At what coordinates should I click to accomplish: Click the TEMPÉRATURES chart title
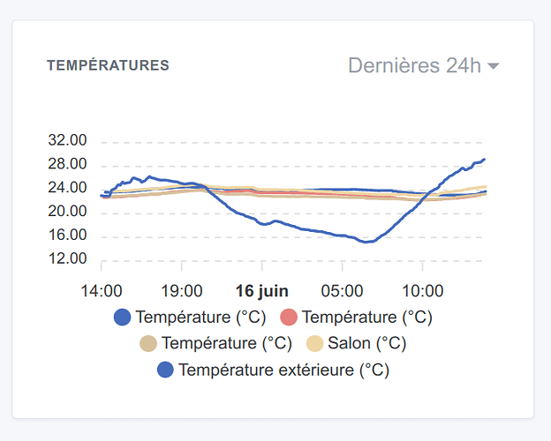108,65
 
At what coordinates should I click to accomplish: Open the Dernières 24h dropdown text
414,65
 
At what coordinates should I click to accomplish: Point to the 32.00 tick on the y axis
68,141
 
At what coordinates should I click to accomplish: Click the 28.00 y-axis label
68,165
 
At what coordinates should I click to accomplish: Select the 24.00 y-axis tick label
68,188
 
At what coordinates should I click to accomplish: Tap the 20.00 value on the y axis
68,212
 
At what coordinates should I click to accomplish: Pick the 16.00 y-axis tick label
68,235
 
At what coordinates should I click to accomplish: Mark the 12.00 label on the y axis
68,259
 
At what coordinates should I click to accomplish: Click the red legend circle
289,318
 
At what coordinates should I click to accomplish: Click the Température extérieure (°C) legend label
283,370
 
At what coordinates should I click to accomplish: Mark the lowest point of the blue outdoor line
366,242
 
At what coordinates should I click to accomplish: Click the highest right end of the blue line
484,160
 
